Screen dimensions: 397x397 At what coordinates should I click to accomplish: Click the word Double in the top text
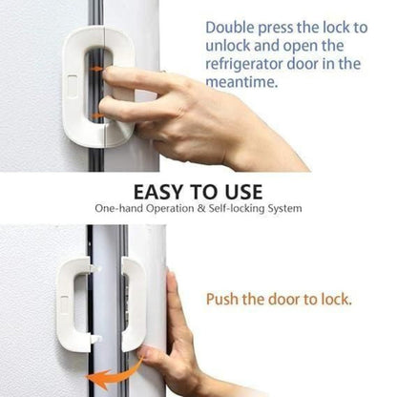(230, 29)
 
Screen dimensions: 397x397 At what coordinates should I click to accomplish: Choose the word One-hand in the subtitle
(120, 208)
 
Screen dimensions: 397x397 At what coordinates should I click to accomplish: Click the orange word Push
(224, 300)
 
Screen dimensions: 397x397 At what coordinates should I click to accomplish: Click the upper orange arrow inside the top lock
(95, 69)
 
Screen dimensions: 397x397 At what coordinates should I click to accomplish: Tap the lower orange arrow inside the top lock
(96, 116)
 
